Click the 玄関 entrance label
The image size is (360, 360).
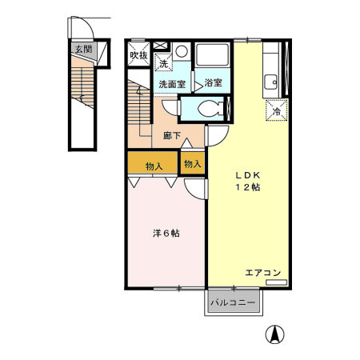click(83, 49)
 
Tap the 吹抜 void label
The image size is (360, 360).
click(138, 55)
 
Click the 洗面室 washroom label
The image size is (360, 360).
click(172, 84)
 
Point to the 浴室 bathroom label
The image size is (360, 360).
click(214, 82)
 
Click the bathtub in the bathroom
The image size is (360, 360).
click(213, 55)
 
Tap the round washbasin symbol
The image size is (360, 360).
click(182, 51)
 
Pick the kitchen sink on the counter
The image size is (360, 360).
click(270, 82)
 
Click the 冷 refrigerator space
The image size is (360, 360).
click(277, 110)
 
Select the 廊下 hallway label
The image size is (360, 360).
click(172, 136)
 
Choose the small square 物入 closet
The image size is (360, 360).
click(193, 163)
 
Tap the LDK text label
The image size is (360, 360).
click(248, 175)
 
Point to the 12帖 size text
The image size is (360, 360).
click(248, 187)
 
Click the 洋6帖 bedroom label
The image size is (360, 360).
click(166, 234)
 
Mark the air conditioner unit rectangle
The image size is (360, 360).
click(277, 282)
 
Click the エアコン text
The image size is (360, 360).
click(263, 273)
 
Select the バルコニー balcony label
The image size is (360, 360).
click(233, 302)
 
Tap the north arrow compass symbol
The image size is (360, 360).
click(274, 334)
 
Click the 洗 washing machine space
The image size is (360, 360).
click(163, 62)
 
